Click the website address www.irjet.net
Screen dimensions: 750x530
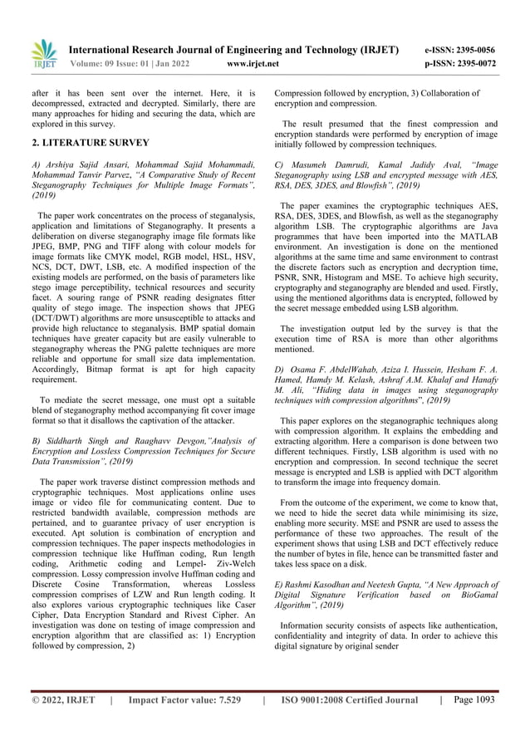tap(253, 62)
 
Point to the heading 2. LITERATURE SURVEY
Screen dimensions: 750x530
tap(81, 143)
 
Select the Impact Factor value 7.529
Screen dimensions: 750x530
tap(222, 701)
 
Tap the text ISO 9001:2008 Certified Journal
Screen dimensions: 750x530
tap(350, 701)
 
